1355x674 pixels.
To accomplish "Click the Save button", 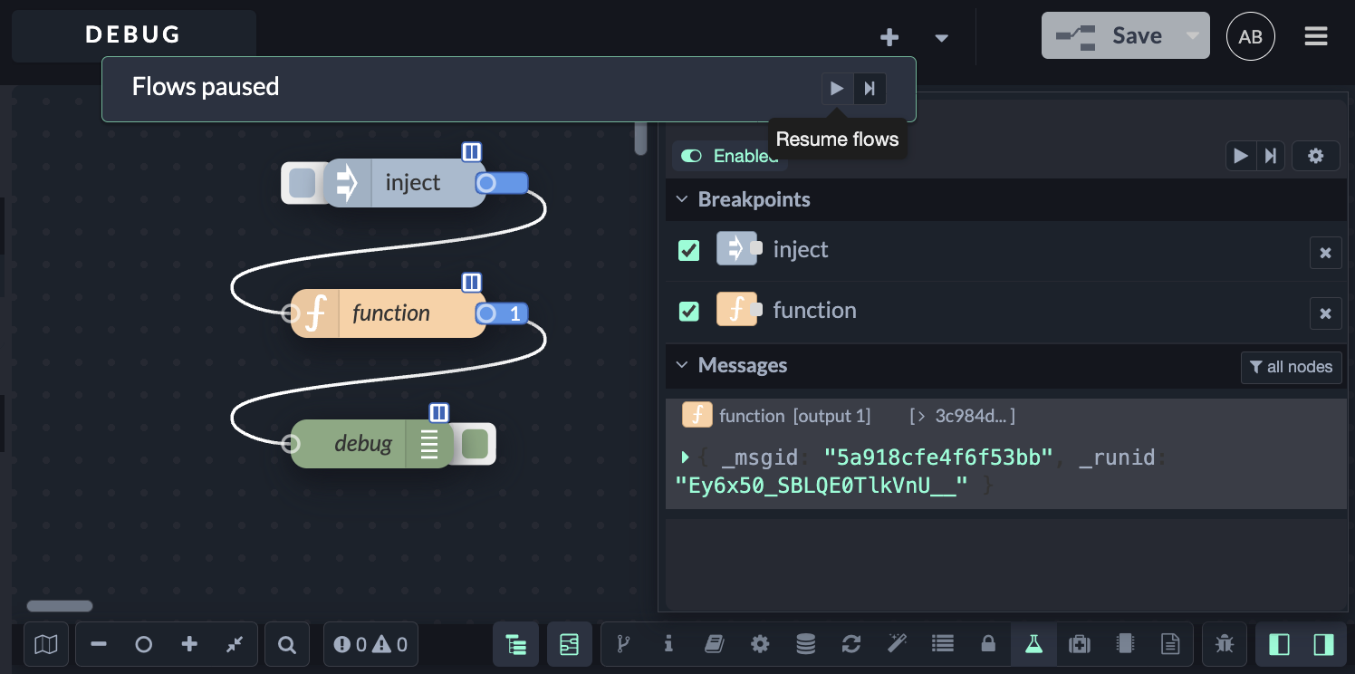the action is pos(1125,35).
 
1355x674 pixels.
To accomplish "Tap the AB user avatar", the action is pos(1250,36).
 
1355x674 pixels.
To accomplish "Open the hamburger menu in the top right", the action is pos(1316,36).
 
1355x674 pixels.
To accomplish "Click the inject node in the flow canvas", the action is pos(404,183).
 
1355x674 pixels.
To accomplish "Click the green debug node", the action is pos(371,444).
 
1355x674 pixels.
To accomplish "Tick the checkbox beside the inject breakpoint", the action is pos(688,250).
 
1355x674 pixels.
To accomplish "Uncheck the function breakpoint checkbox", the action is pos(688,311).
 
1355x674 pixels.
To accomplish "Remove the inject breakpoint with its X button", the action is pos(1325,253).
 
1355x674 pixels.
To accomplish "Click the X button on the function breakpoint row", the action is pos(1325,313).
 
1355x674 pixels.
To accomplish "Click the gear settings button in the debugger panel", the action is pos(1316,156).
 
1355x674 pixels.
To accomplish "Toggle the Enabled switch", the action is pos(691,156).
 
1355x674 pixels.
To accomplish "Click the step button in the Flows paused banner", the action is pos(870,89).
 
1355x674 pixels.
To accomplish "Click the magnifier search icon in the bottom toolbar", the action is pos(287,645).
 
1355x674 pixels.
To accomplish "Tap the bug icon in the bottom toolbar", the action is pos(1225,644).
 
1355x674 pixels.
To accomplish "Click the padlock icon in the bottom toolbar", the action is pos(988,644).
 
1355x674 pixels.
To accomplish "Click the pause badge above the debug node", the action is pos(439,412).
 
